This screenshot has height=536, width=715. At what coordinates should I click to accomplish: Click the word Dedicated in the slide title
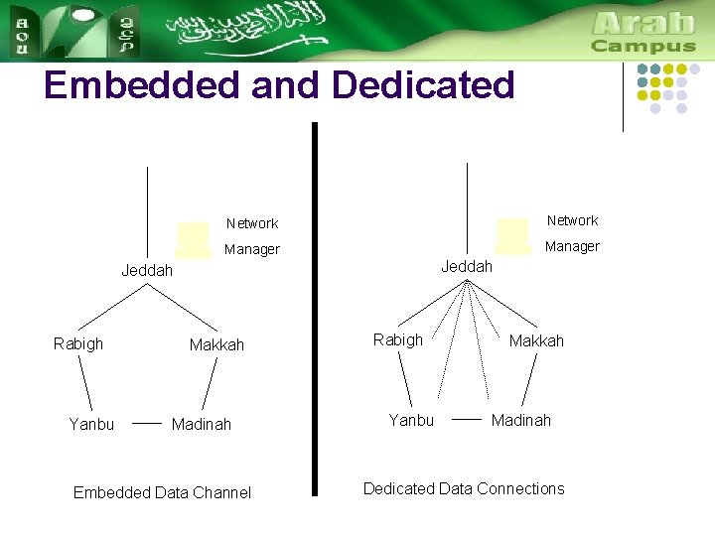click(x=423, y=85)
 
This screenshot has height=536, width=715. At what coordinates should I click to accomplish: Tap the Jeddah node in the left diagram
click(x=147, y=270)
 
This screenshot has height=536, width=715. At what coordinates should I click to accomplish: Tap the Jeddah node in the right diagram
click(x=467, y=267)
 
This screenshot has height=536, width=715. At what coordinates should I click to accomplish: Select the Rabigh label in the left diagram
click(x=77, y=343)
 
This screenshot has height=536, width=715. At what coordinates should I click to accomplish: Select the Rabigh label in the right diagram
click(x=397, y=339)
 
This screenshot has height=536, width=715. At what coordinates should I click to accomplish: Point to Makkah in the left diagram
click(x=216, y=345)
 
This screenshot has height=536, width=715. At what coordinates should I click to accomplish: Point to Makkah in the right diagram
click(x=536, y=340)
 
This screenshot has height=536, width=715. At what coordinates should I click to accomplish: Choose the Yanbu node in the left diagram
click(x=91, y=424)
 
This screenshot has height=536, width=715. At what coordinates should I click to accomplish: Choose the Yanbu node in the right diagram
click(x=411, y=420)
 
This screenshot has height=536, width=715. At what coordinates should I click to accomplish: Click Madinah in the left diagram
click(x=202, y=424)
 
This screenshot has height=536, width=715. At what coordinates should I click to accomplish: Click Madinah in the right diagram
click(x=521, y=420)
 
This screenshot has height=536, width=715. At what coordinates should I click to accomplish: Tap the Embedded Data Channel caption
click(x=162, y=492)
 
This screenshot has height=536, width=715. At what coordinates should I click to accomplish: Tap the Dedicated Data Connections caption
click(x=464, y=488)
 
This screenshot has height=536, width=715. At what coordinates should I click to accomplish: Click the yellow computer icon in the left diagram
click(x=193, y=240)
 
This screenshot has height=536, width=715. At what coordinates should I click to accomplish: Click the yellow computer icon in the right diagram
click(x=511, y=236)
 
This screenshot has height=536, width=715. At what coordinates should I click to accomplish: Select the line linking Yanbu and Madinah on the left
click(x=147, y=423)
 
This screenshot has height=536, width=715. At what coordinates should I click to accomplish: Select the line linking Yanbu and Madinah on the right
click(x=467, y=419)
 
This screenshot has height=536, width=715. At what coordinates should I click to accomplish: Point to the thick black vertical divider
click(x=314, y=308)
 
